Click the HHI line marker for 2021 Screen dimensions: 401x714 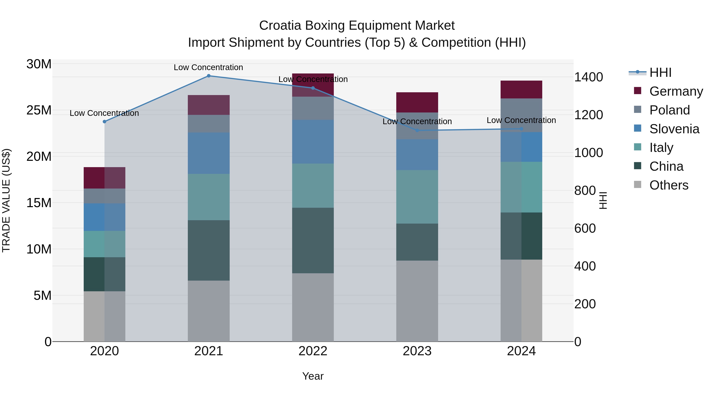pyautogui.click(x=209, y=76)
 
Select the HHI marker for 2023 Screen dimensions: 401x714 pyautogui.click(x=417, y=130)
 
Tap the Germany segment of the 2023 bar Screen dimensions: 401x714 pyautogui.click(x=417, y=102)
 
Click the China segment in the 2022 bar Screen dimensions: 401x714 pyautogui.click(x=313, y=240)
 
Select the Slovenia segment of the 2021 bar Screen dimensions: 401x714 pyautogui.click(x=209, y=153)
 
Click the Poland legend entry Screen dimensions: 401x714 pyautogui.click(x=669, y=110)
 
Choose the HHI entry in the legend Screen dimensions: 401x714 pyautogui.click(x=660, y=72)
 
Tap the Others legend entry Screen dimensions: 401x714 pyautogui.click(x=669, y=185)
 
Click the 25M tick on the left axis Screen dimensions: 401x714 pyautogui.click(x=39, y=110)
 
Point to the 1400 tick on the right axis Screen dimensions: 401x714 pyautogui.click(x=588, y=77)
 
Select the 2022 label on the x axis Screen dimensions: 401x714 pyautogui.click(x=313, y=351)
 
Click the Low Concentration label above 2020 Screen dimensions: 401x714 pyautogui.click(x=104, y=113)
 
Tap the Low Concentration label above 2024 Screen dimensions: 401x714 pyautogui.click(x=521, y=120)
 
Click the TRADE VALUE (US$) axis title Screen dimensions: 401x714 pyautogui.click(x=6, y=200)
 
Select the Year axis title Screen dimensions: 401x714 pyautogui.click(x=313, y=376)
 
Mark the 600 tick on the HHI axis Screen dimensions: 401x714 pyautogui.click(x=585, y=228)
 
